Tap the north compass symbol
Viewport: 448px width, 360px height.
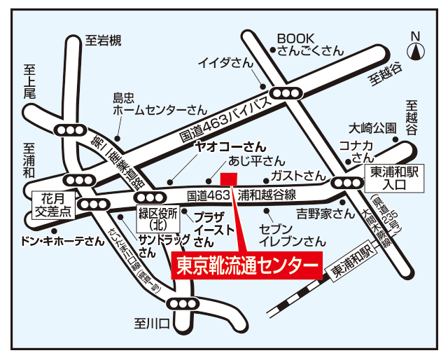(x=416, y=48)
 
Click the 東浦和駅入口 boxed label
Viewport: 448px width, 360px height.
(x=393, y=178)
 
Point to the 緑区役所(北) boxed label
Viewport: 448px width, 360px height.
(x=157, y=219)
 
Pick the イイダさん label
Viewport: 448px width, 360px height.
(x=225, y=63)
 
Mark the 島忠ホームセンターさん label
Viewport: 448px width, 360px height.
(x=160, y=104)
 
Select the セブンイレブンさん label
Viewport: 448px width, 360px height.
(x=293, y=235)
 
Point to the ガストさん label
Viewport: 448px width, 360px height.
(x=298, y=174)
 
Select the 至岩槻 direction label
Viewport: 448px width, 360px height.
(x=103, y=41)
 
